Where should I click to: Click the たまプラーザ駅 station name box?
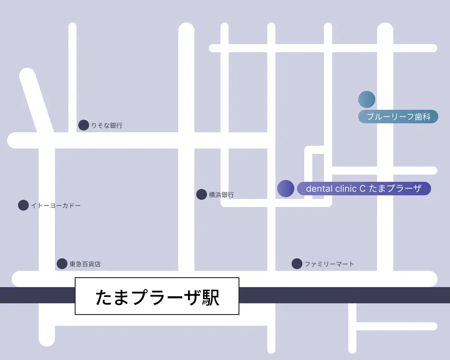157,296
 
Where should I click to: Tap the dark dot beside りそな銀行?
84,125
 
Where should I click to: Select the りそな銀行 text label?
107,126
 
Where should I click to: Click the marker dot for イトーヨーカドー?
23,205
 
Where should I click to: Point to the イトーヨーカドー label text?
56,206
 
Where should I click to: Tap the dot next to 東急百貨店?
62,264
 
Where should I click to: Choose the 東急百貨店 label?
85,264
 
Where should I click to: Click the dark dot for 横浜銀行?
202,194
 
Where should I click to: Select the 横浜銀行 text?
221,195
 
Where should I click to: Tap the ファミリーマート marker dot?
297,264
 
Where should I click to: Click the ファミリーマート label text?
329,264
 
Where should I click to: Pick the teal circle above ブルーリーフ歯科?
367,99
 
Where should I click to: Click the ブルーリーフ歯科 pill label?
398,117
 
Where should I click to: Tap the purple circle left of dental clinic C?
286,189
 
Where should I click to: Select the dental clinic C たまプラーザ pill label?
364,189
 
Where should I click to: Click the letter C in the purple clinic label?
362,189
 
